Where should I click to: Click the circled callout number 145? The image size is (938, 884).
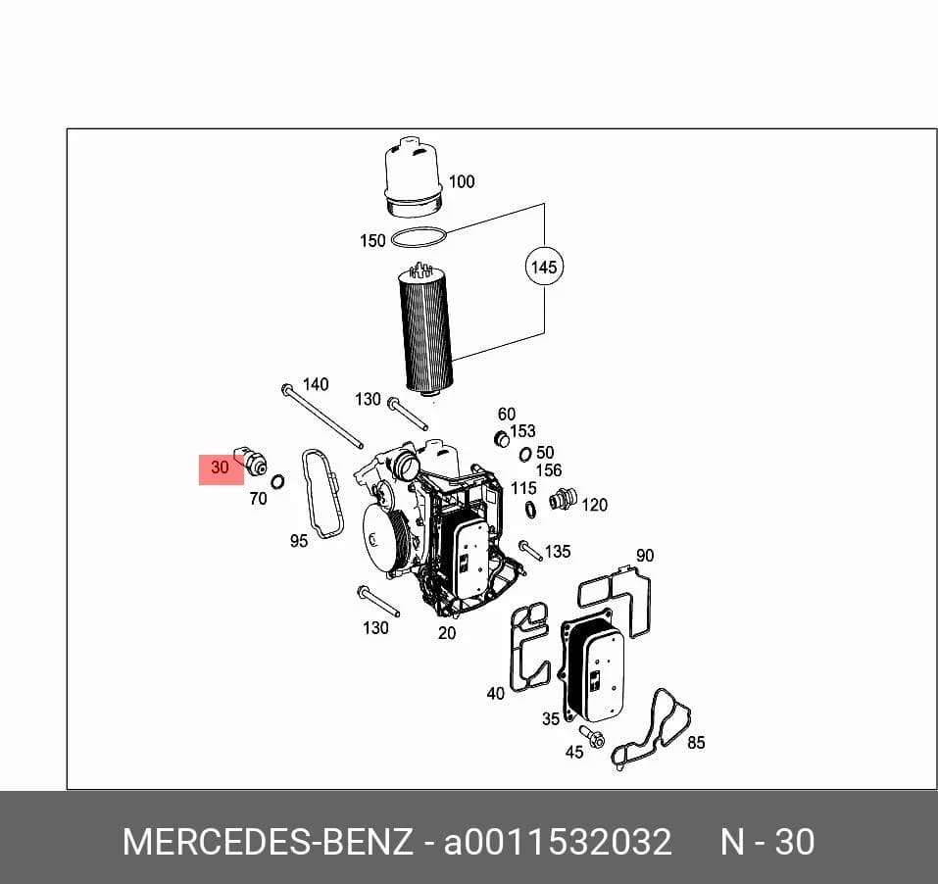pos(544,267)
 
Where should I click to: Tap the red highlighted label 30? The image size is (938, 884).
pos(221,468)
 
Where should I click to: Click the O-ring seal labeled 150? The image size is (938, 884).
pos(419,237)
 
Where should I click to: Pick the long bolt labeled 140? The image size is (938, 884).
pos(321,416)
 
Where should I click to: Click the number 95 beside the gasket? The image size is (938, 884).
pos(299,541)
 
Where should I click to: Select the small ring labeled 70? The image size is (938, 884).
pos(277,481)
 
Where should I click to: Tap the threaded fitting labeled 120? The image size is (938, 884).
pos(563,499)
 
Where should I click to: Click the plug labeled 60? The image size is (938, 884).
pos(501,438)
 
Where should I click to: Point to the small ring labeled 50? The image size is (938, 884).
pos(525,455)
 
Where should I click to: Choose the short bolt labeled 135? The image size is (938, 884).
pos(530,550)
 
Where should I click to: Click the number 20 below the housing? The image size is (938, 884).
pos(446,633)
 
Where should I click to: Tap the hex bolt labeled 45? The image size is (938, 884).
pos(592,736)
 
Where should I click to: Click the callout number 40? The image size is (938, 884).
pos(495,694)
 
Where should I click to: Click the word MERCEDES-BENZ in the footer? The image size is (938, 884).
pos(268,842)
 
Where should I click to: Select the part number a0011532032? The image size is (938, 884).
pos(558,842)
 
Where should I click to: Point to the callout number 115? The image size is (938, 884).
pos(523,489)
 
